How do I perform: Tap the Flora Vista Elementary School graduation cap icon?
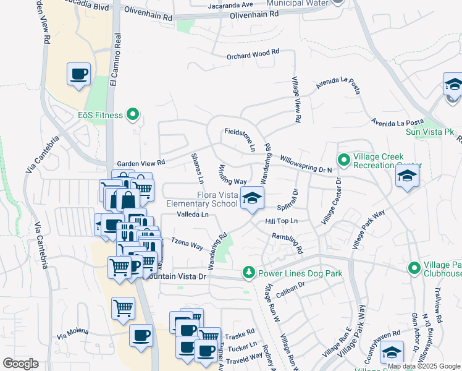[251, 198]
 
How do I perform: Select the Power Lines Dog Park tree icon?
[248, 272]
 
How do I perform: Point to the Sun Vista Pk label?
[429, 132]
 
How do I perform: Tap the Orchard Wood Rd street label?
[252, 55]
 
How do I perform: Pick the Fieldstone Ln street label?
[239, 139]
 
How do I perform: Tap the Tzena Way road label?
[187, 245]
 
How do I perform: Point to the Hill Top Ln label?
[282, 221]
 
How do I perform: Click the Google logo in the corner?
[20, 363]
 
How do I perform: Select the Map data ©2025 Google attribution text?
[424, 366]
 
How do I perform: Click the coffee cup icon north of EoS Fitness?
[79, 74]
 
